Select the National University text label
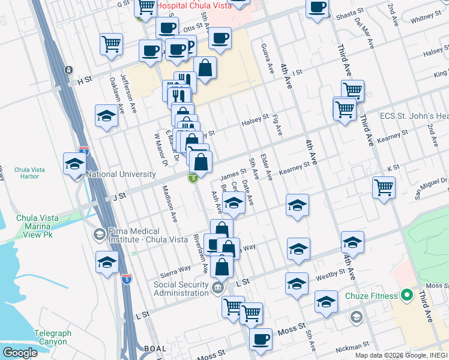pyautogui.click(x=121, y=174)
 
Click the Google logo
pyautogui.click(x=20, y=353)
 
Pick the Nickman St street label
pyautogui.click(x=352, y=347)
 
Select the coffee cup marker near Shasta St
pyautogui.click(x=317, y=8)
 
